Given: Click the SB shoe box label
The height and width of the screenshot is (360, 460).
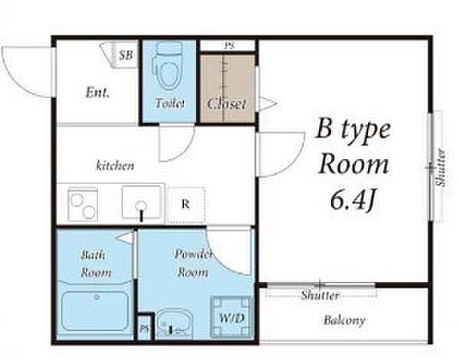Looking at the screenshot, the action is coord(126,55).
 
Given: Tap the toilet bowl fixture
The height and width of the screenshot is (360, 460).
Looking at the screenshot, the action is coord(169,66).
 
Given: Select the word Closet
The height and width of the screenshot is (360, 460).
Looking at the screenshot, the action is coord(227,103).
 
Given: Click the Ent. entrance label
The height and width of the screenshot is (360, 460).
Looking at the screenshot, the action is coord(97,93).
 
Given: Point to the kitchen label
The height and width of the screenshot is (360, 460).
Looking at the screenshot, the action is coord(115,165).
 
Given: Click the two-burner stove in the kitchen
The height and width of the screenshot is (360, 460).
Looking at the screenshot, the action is coord(83,204).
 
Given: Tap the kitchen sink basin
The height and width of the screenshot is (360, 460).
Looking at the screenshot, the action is coord(142,202).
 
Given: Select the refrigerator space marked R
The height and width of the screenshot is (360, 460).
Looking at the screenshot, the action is coord(185,204).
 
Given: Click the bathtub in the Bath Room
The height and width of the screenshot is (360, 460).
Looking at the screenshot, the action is coord(96,311).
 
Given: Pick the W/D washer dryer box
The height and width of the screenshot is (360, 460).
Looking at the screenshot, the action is coord(232,318).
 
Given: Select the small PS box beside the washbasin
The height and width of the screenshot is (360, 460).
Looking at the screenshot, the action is coord(145,327).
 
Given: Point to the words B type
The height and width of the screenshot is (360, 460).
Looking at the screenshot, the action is coord(353,129).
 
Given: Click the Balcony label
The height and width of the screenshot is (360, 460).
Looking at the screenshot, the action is coord(344,320).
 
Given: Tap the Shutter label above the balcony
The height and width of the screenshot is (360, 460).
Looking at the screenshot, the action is coord(320,295).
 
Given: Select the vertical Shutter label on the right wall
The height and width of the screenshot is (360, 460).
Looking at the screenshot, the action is coord(440,168).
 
